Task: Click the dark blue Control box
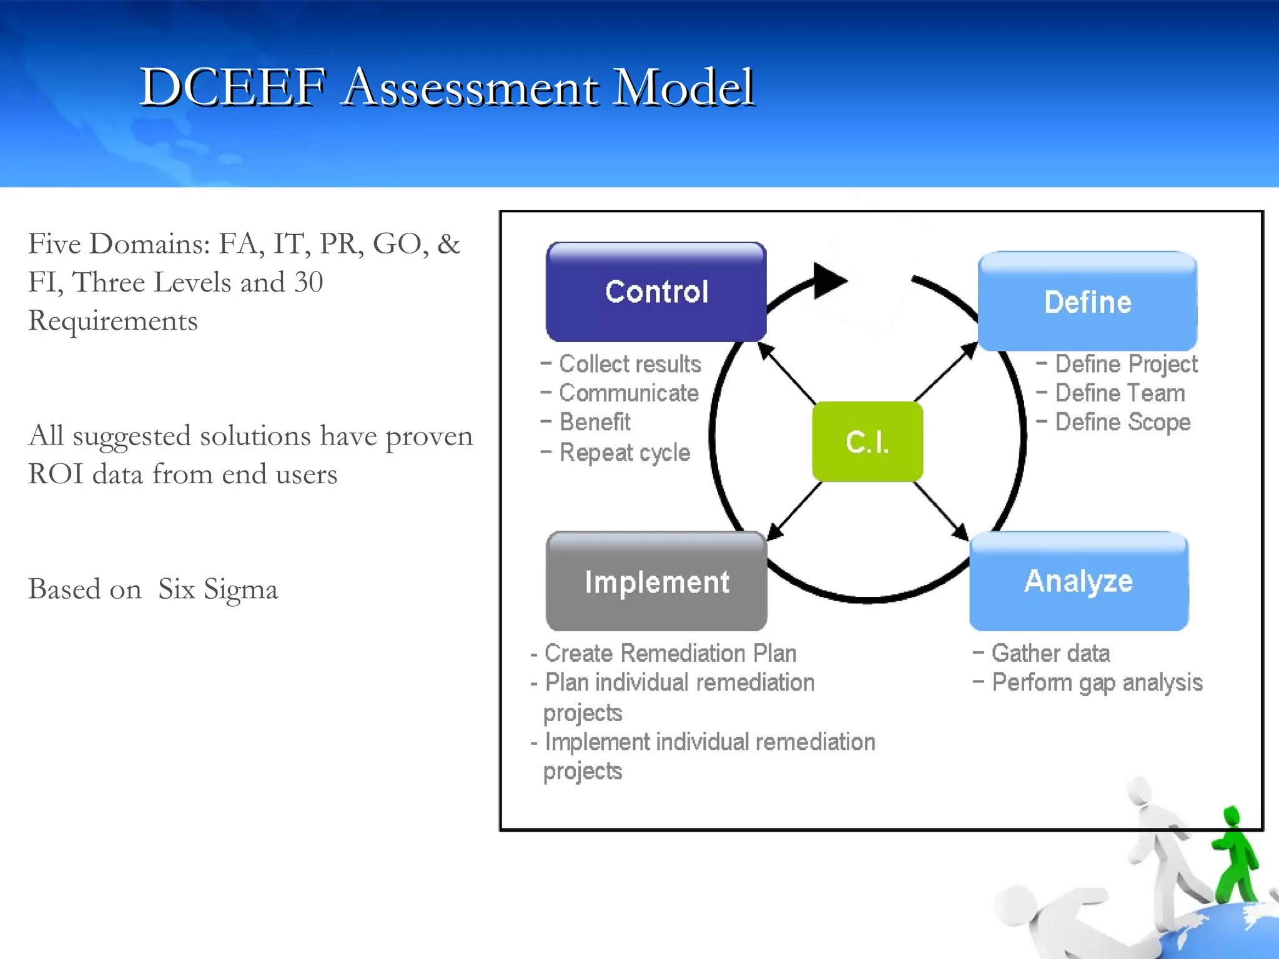(x=656, y=292)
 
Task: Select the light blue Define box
(x=1087, y=302)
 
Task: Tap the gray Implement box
(x=656, y=582)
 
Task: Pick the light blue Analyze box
(x=1079, y=581)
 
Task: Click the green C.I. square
(x=867, y=441)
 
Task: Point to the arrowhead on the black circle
(x=829, y=281)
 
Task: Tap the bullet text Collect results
(x=630, y=364)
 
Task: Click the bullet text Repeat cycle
(x=625, y=453)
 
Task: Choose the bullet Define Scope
(x=1122, y=423)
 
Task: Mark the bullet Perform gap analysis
(x=1097, y=683)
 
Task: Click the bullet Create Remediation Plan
(x=670, y=654)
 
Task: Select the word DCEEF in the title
(x=232, y=87)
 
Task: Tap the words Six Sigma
(x=217, y=589)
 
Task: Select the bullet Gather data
(x=1050, y=654)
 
